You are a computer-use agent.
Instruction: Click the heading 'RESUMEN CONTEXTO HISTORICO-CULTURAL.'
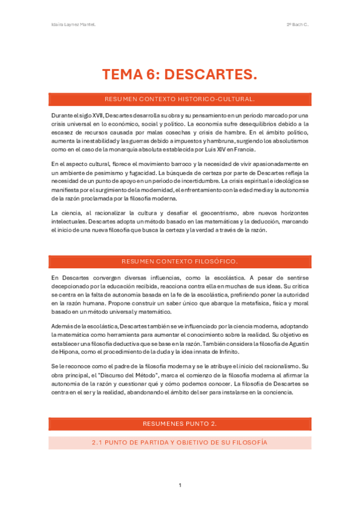[x=180, y=99]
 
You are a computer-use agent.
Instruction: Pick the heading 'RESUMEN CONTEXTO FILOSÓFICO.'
[x=180, y=262]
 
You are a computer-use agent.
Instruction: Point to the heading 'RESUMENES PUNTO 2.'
[x=180, y=424]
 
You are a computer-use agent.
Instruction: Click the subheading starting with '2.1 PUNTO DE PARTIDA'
[x=180, y=443]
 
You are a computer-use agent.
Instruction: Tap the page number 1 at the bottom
[x=180, y=485]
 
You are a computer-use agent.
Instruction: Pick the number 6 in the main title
[x=150, y=75]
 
